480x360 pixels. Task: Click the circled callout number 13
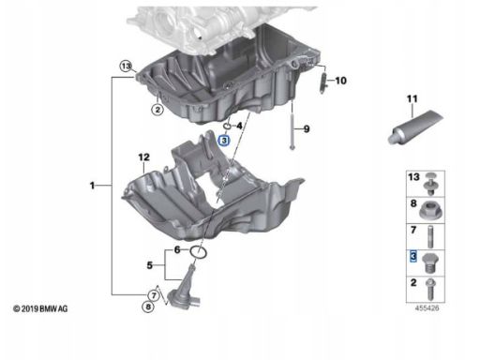tap(126, 67)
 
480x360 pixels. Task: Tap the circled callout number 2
tap(157, 110)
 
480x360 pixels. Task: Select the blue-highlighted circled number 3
tap(224, 141)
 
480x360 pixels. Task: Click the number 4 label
tap(239, 126)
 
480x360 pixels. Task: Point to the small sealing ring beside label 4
tap(227, 126)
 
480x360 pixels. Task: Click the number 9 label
tap(307, 128)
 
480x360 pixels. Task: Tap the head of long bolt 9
tap(292, 147)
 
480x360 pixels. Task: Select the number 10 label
tap(340, 81)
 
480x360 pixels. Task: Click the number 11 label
tap(412, 99)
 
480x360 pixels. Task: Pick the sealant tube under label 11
tap(415, 127)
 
